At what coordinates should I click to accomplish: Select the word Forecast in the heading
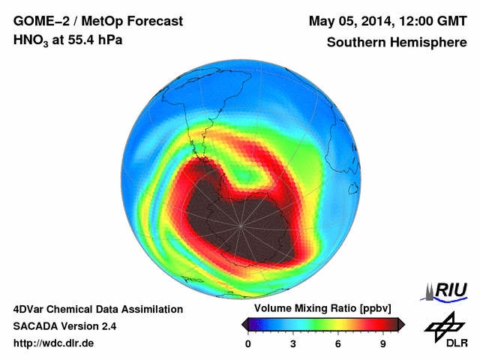tap(157, 20)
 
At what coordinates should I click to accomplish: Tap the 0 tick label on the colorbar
tap(248, 344)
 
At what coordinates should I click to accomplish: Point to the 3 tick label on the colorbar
tap(293, 344)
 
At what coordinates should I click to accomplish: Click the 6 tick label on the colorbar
tap(338, 344)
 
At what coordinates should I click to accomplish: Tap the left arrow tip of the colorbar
tap(243, 324)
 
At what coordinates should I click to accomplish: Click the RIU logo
tap(447, 289)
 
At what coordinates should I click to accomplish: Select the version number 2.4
tap(106, 326)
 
